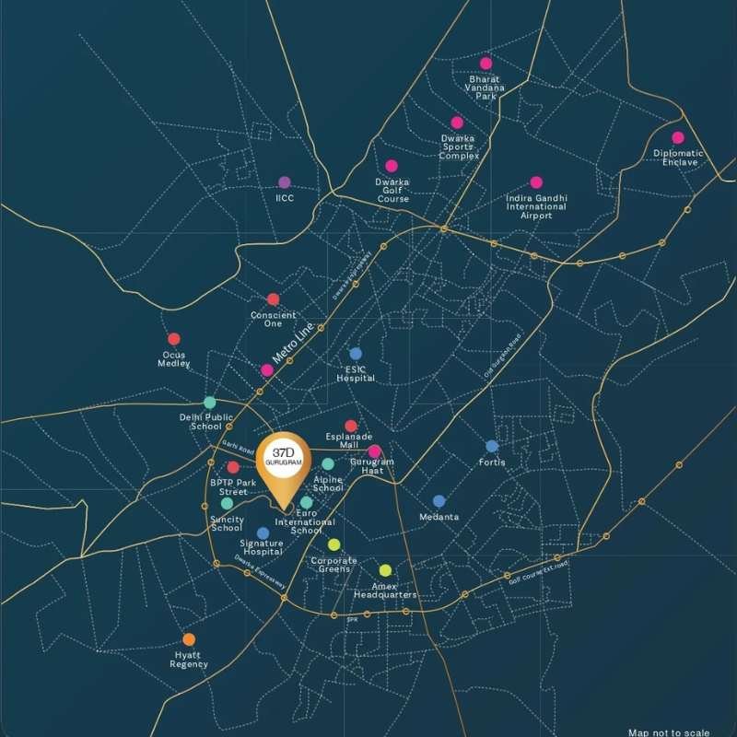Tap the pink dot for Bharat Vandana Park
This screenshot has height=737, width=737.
(485, 64)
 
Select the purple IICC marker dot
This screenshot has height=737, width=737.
(285, 182)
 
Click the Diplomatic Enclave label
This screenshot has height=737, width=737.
(677, 158)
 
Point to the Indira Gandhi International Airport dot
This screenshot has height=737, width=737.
(536, 182)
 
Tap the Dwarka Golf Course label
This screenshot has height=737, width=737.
(392, 191)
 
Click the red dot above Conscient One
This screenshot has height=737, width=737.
(273, 299)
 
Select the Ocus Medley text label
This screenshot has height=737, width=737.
(174, 358)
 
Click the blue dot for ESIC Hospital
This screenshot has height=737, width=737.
(356, 354)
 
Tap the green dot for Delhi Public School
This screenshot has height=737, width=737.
(210, 403)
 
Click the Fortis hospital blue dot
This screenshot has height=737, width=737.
(492, 446)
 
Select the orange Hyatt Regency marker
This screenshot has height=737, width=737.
(189, 638)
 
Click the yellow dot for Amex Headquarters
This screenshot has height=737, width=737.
(385, 570)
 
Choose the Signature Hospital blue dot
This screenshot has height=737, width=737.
(263, 532)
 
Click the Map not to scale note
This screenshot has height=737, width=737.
(669, 732)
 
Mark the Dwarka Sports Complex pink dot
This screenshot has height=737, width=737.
(457, 123)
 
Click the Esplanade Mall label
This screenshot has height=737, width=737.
(349, 439)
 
